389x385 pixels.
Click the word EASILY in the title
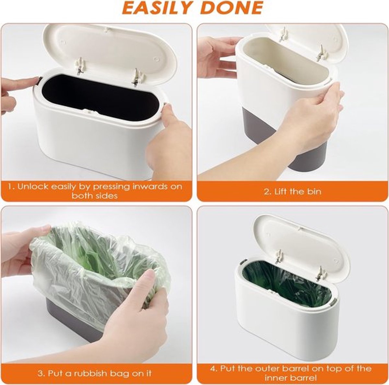[157, 7]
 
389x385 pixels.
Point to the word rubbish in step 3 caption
[92, 368]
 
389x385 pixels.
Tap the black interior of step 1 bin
[101, 97]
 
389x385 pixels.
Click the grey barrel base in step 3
[77, 315]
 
